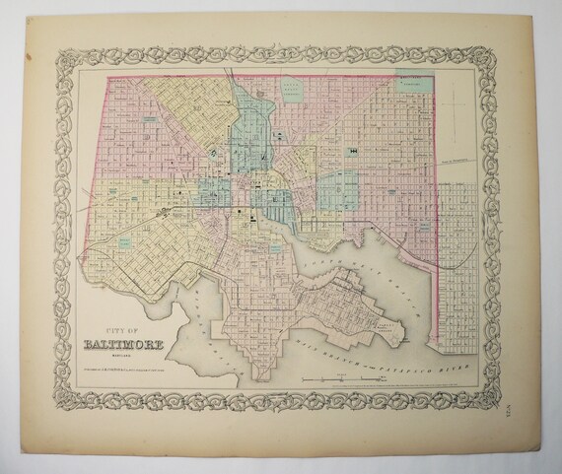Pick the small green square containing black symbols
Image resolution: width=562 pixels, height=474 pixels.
(353, 150)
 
